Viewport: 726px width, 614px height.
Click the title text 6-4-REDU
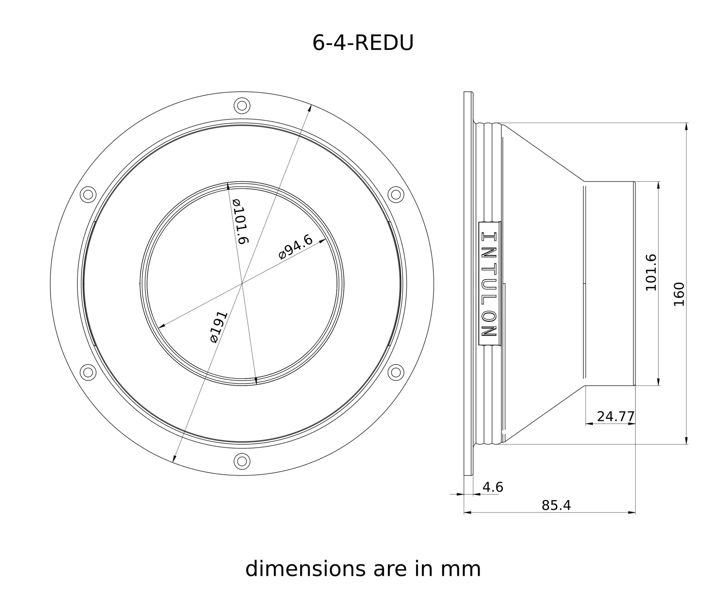tap(363, 43)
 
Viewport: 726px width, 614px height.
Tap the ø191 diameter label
tap(219, 327)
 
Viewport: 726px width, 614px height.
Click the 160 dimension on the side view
tap(679, 294)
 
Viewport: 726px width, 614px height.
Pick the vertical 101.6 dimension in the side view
tap(651, 272)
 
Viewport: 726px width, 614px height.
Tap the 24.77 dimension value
tap(615, 416)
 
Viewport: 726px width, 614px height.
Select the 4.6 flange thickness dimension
tap(492, 487)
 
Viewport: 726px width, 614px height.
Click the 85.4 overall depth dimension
tap(556, 505)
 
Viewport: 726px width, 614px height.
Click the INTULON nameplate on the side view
tap(489, 284)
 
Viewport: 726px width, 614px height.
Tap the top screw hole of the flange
tap(242, 106)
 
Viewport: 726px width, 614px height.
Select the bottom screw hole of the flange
tap(242, 461)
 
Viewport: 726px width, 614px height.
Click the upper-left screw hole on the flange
tap(88, 194)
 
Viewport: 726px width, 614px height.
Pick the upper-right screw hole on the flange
tap(395, 194)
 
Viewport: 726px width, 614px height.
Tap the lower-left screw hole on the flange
tap(88, 372)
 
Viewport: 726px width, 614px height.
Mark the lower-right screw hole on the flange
tap(395, 372)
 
